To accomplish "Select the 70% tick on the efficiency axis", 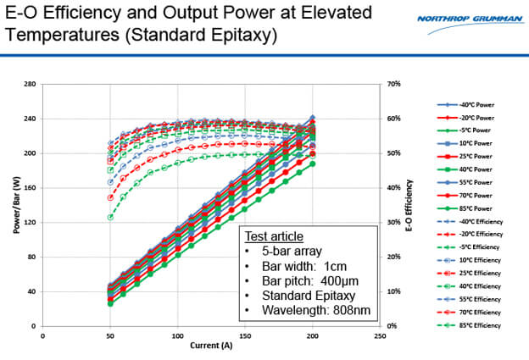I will pos(393,84).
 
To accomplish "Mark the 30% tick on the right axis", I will pos(393,222).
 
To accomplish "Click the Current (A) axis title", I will pos(211,346).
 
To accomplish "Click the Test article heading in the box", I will pos(273,237).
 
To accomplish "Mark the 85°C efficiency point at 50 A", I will pos(110,217).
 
